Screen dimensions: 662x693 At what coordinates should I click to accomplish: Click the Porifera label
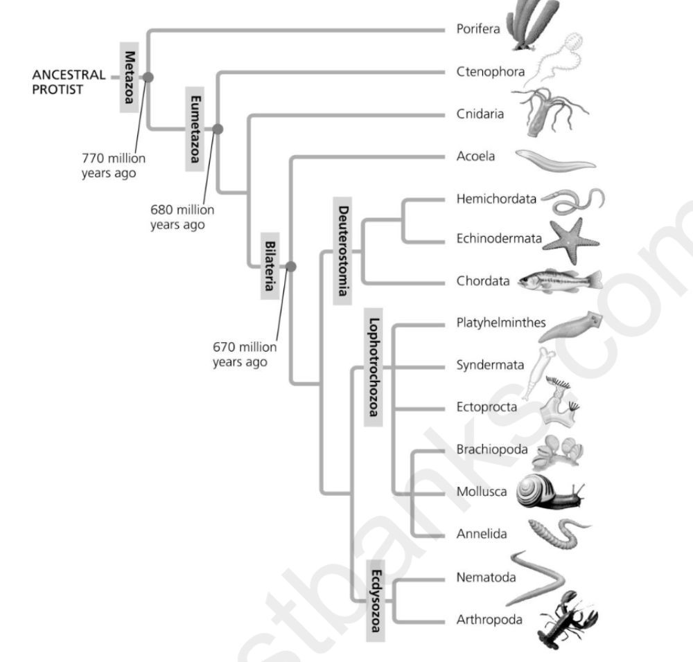(x=478, y=30)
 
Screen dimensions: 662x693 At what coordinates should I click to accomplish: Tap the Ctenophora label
(x=491, y=71)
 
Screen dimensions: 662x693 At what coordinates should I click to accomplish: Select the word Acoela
(x=475, y=156)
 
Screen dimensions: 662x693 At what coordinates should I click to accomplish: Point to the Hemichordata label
(x=496, y=199)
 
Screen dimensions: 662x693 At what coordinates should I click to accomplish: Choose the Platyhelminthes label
(x=501, y=323)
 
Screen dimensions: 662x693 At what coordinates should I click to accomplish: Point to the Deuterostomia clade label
(x=342, y=251)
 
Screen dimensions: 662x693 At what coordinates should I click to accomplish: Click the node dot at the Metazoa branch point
(x=148, y=78)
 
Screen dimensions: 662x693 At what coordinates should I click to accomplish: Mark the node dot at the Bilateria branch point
(x=291, y=267)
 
